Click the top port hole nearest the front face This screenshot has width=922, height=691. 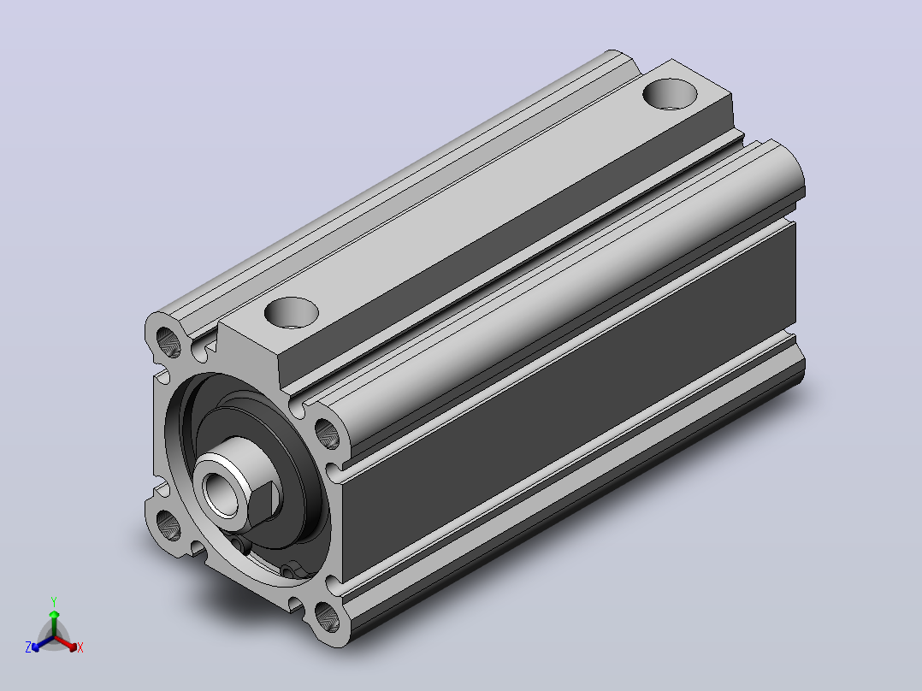(x=292, y=312)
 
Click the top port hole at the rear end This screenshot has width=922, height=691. (x=670, y=94)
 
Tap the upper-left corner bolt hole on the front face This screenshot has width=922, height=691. (x=168, y=342)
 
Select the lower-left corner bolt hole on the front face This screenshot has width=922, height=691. (x=168, y=525)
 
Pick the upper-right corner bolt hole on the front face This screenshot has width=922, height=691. (x=327, y=434)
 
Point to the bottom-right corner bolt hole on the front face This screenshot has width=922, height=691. (x=327, y=617)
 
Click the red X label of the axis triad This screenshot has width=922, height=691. (x=80, y=647)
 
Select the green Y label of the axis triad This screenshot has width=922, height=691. (x=54, y=601)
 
